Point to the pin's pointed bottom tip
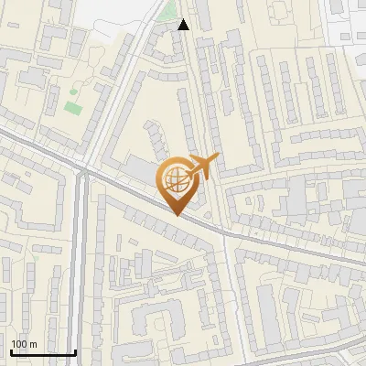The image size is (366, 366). point(177,215)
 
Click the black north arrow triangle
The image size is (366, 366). point(184,25)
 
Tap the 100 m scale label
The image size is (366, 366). point(24,344)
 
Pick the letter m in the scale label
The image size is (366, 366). point(33,344)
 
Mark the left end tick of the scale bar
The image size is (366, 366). point(11,350)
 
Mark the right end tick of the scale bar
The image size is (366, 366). point(75,350)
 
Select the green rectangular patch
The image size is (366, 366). point(72,108)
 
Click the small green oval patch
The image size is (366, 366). point(75,91)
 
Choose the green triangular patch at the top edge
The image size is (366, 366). point(166,11)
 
